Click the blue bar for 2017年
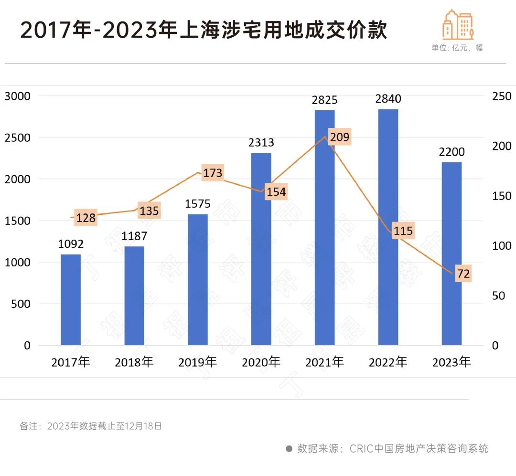point(71,299)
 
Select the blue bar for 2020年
point(261,249)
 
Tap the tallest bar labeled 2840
point(388,227)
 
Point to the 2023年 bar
point(451,254)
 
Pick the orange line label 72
point(463,274)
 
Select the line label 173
point(213,172)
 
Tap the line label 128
point(86,218)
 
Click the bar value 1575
point(198,204)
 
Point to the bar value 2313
point(261,142)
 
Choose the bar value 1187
point(134,236)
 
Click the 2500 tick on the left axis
point(17,138)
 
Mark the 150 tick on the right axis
point(502,196)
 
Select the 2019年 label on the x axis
point(198,362)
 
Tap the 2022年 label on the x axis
point(388,362)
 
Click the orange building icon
point(458,24)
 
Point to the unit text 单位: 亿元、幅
point(457,48)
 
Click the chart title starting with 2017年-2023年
point(204,30)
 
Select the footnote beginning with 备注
point(91,426)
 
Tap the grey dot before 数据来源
point(289,449)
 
